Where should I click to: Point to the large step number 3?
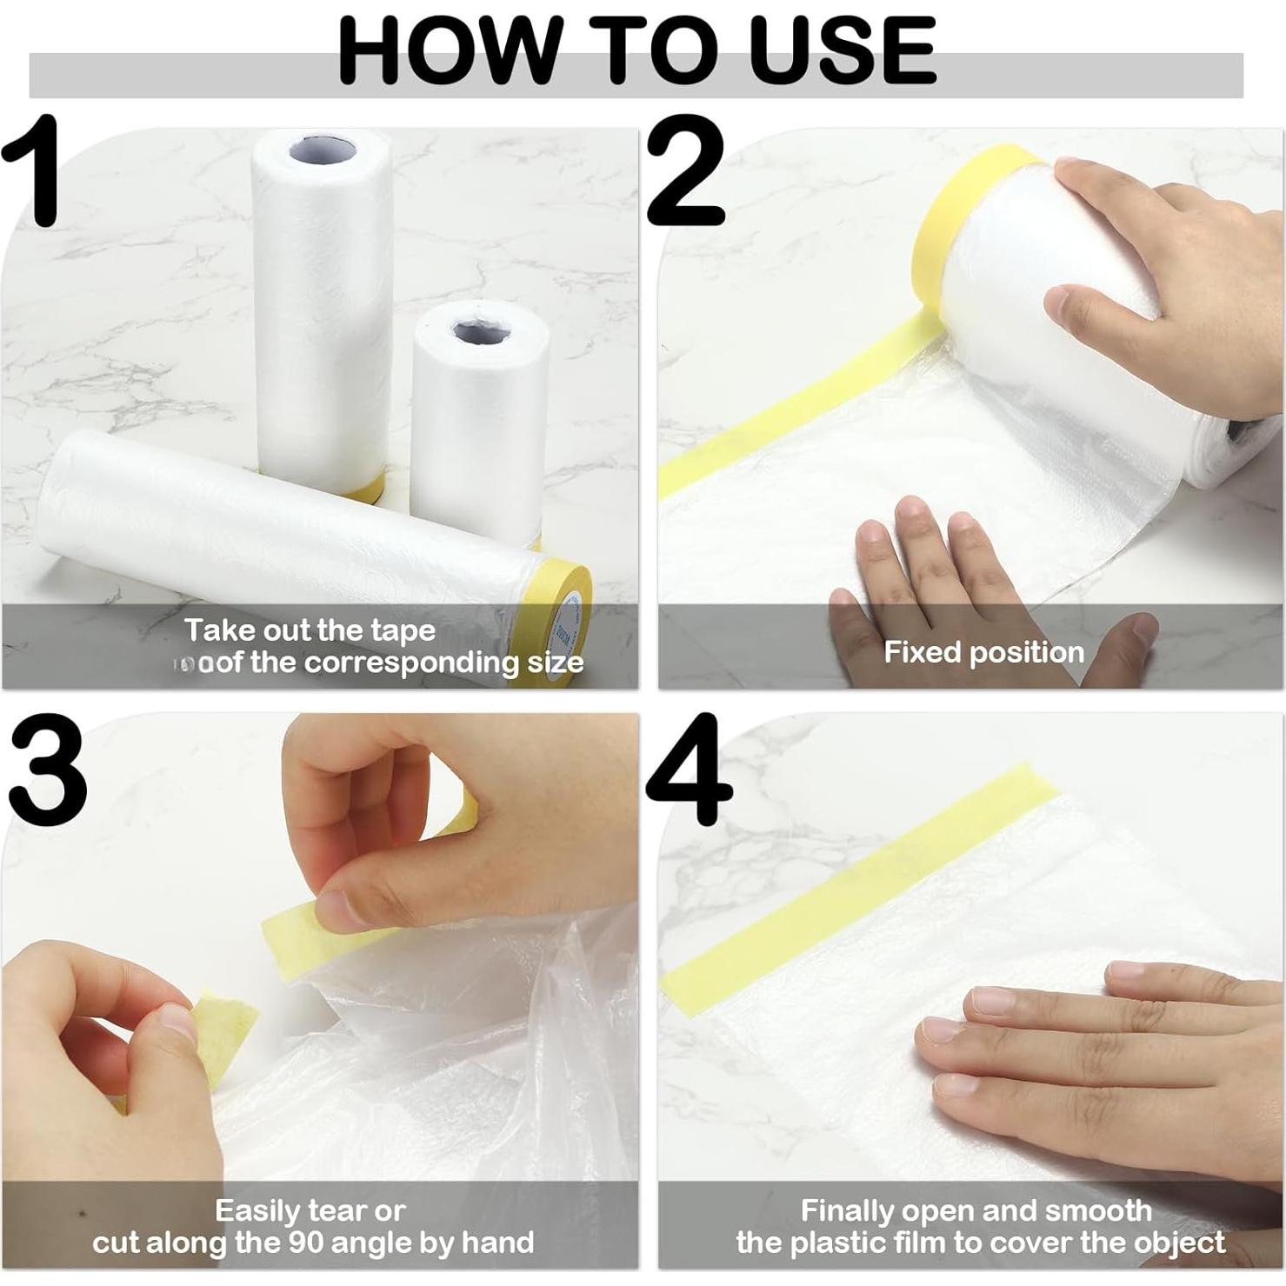[48, 770]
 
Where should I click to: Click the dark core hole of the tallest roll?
[323, 150]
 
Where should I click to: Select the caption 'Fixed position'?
[983, 652]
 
